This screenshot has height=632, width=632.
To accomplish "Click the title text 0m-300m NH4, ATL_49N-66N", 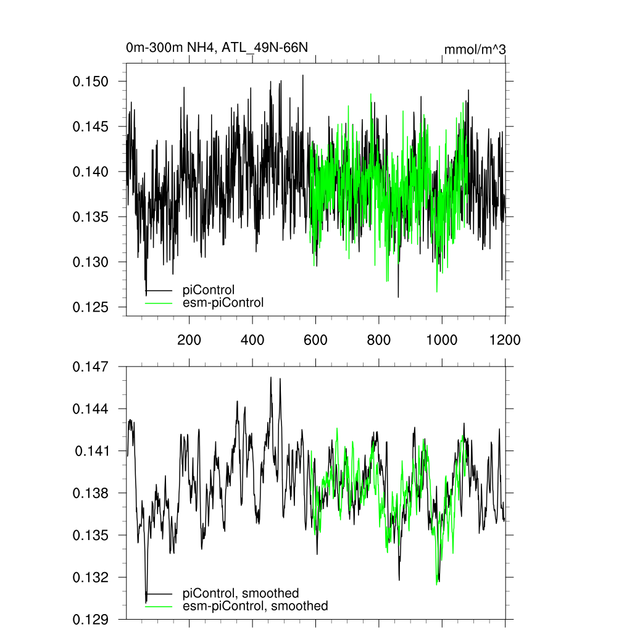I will pyautogui.click(x=217, y=48).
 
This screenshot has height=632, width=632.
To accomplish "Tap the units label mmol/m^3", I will pyautogui.click(x=475, y=49).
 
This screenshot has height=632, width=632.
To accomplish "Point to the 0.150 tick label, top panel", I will pyautogui.click(x=91, y=81).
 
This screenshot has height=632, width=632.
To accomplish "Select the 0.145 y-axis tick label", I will pyautogui.click(x=91, y=127).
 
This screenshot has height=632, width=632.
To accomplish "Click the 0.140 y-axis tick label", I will pyautogui.click(x=91, y=172).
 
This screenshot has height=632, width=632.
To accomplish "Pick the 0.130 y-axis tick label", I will pyautogui.click(x=91, y=262).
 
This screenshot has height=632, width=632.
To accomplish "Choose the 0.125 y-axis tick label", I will pyautogui.click(x=91, y=307).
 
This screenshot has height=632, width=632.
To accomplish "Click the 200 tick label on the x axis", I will pyautogui.click(x=189, y=339).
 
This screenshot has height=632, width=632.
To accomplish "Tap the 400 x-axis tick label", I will pyautogui.click(x=252, y=339).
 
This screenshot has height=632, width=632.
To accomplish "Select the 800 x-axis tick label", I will pyautogui.click(x=379, y=339).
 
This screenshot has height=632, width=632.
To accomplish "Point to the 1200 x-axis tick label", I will pyautogui.click(x=505, y=339).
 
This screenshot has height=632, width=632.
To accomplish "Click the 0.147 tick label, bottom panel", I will pyautogui.click(x=91, y=367).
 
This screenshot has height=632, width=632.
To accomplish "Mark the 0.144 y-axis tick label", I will pyautogui.click(x=91, y=409).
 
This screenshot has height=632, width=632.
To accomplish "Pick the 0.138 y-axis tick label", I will pyautogui.click(x=91, y=493).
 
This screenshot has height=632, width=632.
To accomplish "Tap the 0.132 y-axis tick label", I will pyautogui.click(x=91, y=578).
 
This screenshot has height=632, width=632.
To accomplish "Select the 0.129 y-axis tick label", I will pyautogui.click(x=91, y=619).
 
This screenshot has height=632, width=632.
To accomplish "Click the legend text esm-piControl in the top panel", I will pyautogui.click(x=223, y=302).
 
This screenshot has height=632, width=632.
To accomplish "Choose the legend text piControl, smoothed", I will pyautogui.click(x=241, y=594).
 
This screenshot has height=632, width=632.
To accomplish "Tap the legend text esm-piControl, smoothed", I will pyautogui.click(x=256, y=606).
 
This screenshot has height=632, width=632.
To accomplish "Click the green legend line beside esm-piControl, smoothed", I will pyautogui.click(x=159, y=606).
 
